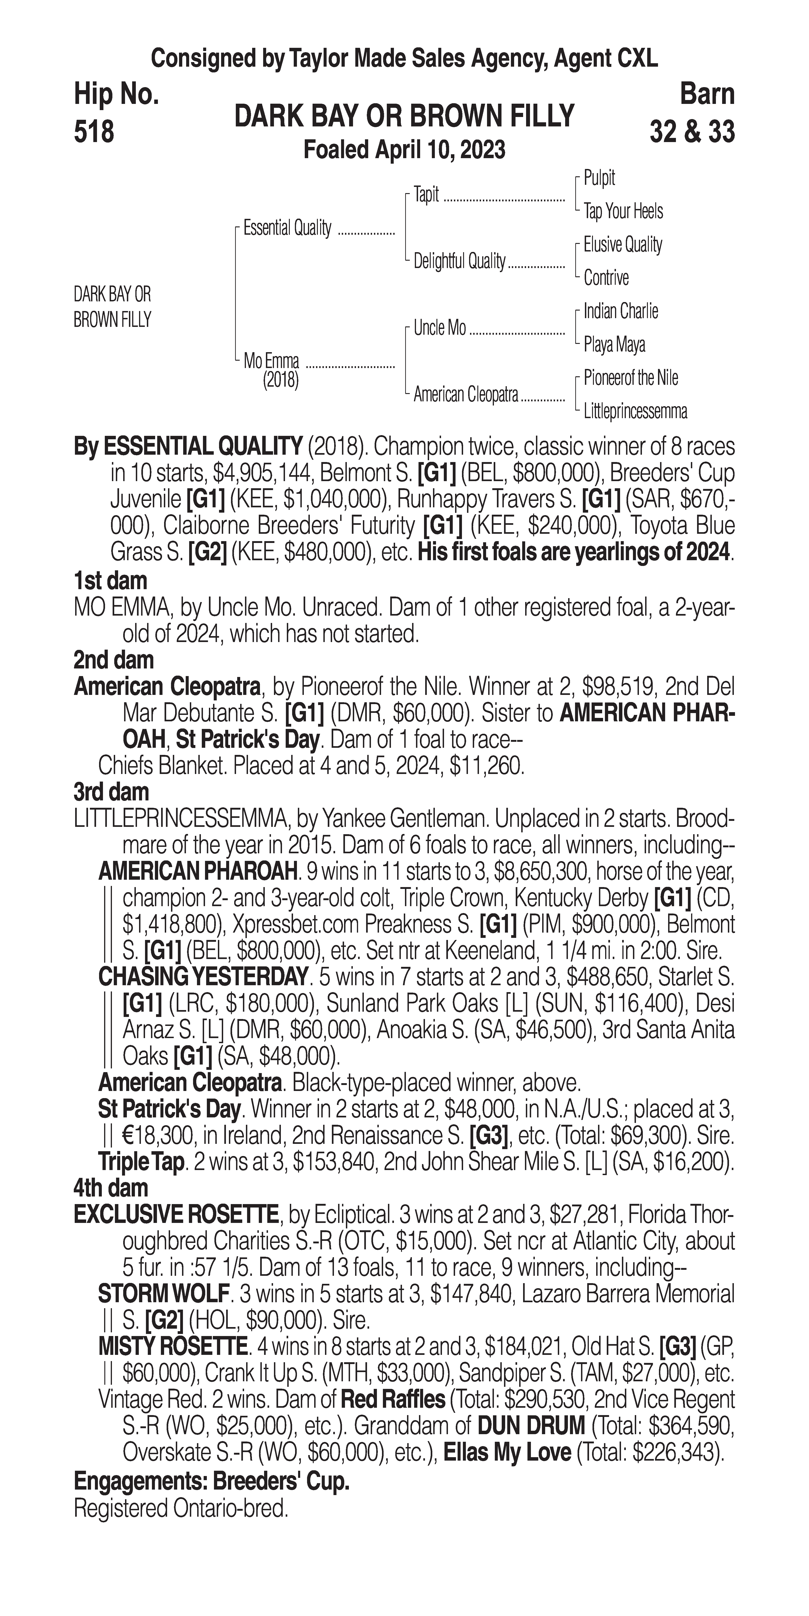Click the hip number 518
coord(94,132)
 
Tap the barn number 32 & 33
coord(692,132)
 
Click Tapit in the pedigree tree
coord(427,194)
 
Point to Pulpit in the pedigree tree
coord(599,178)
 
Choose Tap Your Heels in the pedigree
coord(623,211)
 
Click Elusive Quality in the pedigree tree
coord(622,245)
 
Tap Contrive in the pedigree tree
coord(606,278)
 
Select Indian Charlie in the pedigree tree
coord(620,311)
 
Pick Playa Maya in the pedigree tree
coord(614,344)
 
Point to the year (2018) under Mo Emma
coord(280,380)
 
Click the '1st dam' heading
coord(110,580)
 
